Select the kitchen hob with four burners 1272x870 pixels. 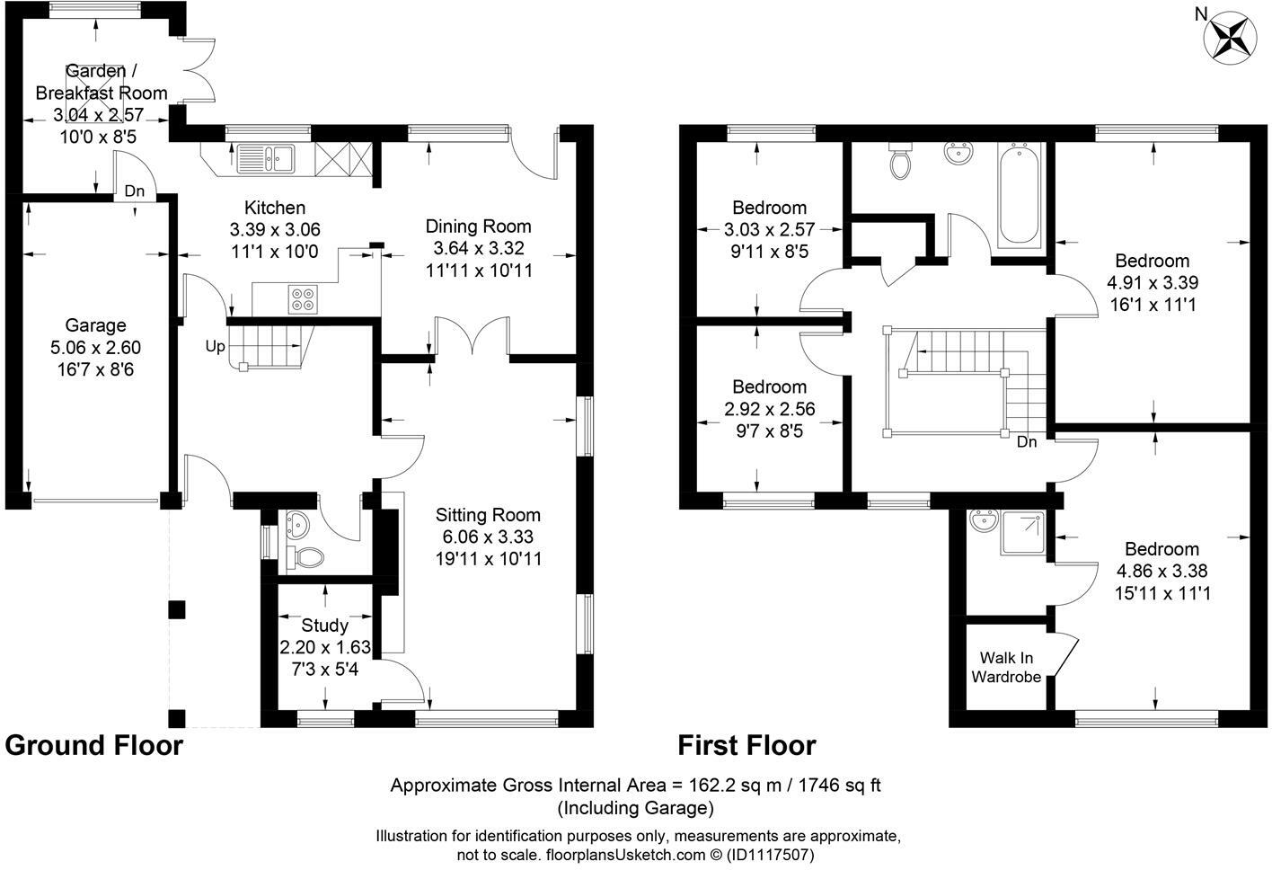tap(303, 298)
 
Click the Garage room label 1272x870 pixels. tap(95, 325)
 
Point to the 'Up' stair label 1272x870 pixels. tap(215, 346)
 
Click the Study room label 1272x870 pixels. tap(324, 625)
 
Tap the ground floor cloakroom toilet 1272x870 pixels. tap(305, 558)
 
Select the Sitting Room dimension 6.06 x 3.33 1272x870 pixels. tap(488, 537)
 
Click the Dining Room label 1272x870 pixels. tap(478, 226)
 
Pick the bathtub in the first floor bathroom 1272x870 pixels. tap(1019, 196)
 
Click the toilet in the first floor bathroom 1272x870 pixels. tap(898, 162)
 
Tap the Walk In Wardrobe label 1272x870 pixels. tap(1005, 667)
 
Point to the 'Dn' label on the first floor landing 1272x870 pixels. tap(1027, 442)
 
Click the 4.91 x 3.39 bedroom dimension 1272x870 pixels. tap(1152, 283)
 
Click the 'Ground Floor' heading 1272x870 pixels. tap(94, 745)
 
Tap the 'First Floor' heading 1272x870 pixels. tap(746, 745)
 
